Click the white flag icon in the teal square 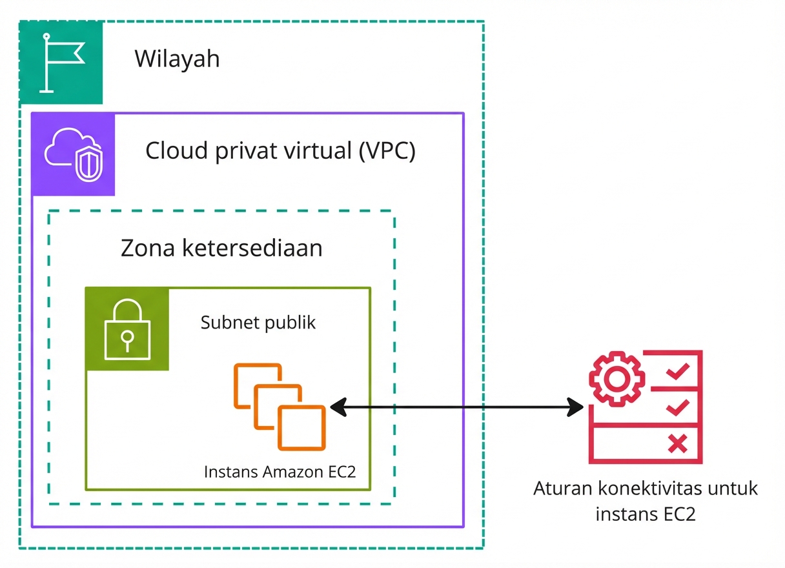(x=61, y=63)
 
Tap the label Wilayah (x=177, y=59)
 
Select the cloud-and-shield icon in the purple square (x=73, y=155)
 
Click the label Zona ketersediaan (x=221, y=248)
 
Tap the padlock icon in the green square (x=127, y=330)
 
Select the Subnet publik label (x=258, y=322)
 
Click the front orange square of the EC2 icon (x=302, y=427)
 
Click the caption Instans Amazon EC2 (x=280, y=472)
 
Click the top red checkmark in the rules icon (x=678, y=371)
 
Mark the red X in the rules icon (x=677, y=443)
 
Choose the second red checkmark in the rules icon (x=678, y=407)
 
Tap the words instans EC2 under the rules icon (x=645, y=514)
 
